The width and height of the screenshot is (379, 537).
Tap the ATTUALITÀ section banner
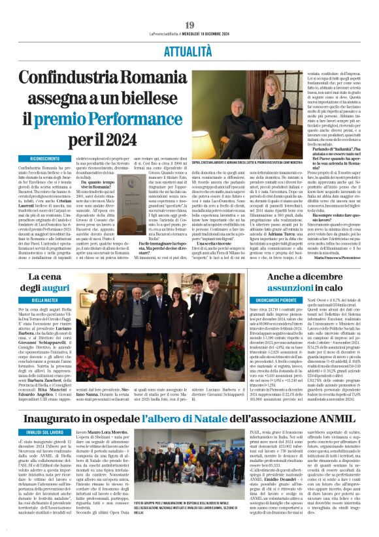pyautogui.click(x=189, y=48)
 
